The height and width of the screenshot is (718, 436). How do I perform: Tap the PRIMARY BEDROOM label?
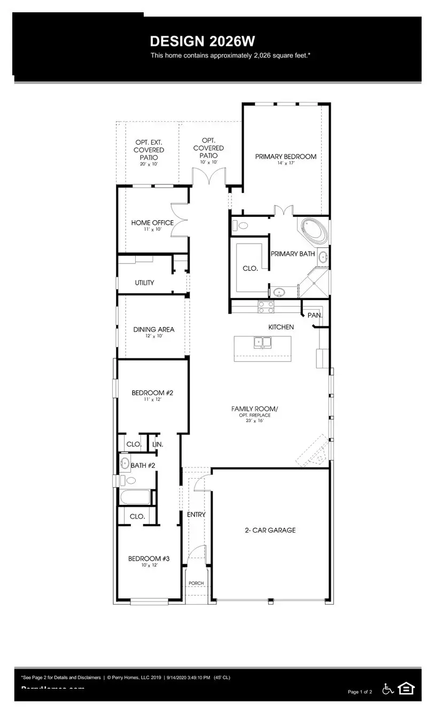tap(285, 157)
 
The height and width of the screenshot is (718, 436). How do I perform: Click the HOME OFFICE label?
tap(152, 223)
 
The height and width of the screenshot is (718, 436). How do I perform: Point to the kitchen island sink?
tap(262, 342)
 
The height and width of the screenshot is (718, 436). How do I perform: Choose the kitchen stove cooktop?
tap(266, 307)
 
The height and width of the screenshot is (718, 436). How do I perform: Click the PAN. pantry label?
tap(315, 315)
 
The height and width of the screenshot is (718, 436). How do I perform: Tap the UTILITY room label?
tap(144, 283)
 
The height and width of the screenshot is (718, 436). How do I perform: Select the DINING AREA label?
tap(154, 330)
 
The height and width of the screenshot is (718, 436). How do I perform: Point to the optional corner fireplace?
tap(314, 451)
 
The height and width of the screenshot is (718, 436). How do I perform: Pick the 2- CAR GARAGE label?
tap(270, 530)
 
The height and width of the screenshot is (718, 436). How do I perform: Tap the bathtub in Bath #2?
tap(135, 497)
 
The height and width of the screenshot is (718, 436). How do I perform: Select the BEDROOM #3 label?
tap(149, 559)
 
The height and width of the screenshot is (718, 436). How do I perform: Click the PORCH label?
tap(196, 583)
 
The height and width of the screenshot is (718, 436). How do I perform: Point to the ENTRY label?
tap(196, 514)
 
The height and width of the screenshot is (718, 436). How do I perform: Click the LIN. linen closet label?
tap(157, 444)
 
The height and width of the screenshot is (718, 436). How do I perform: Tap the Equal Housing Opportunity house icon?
tap(406, 689)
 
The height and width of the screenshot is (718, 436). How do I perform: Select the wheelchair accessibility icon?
tap(388, 689)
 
